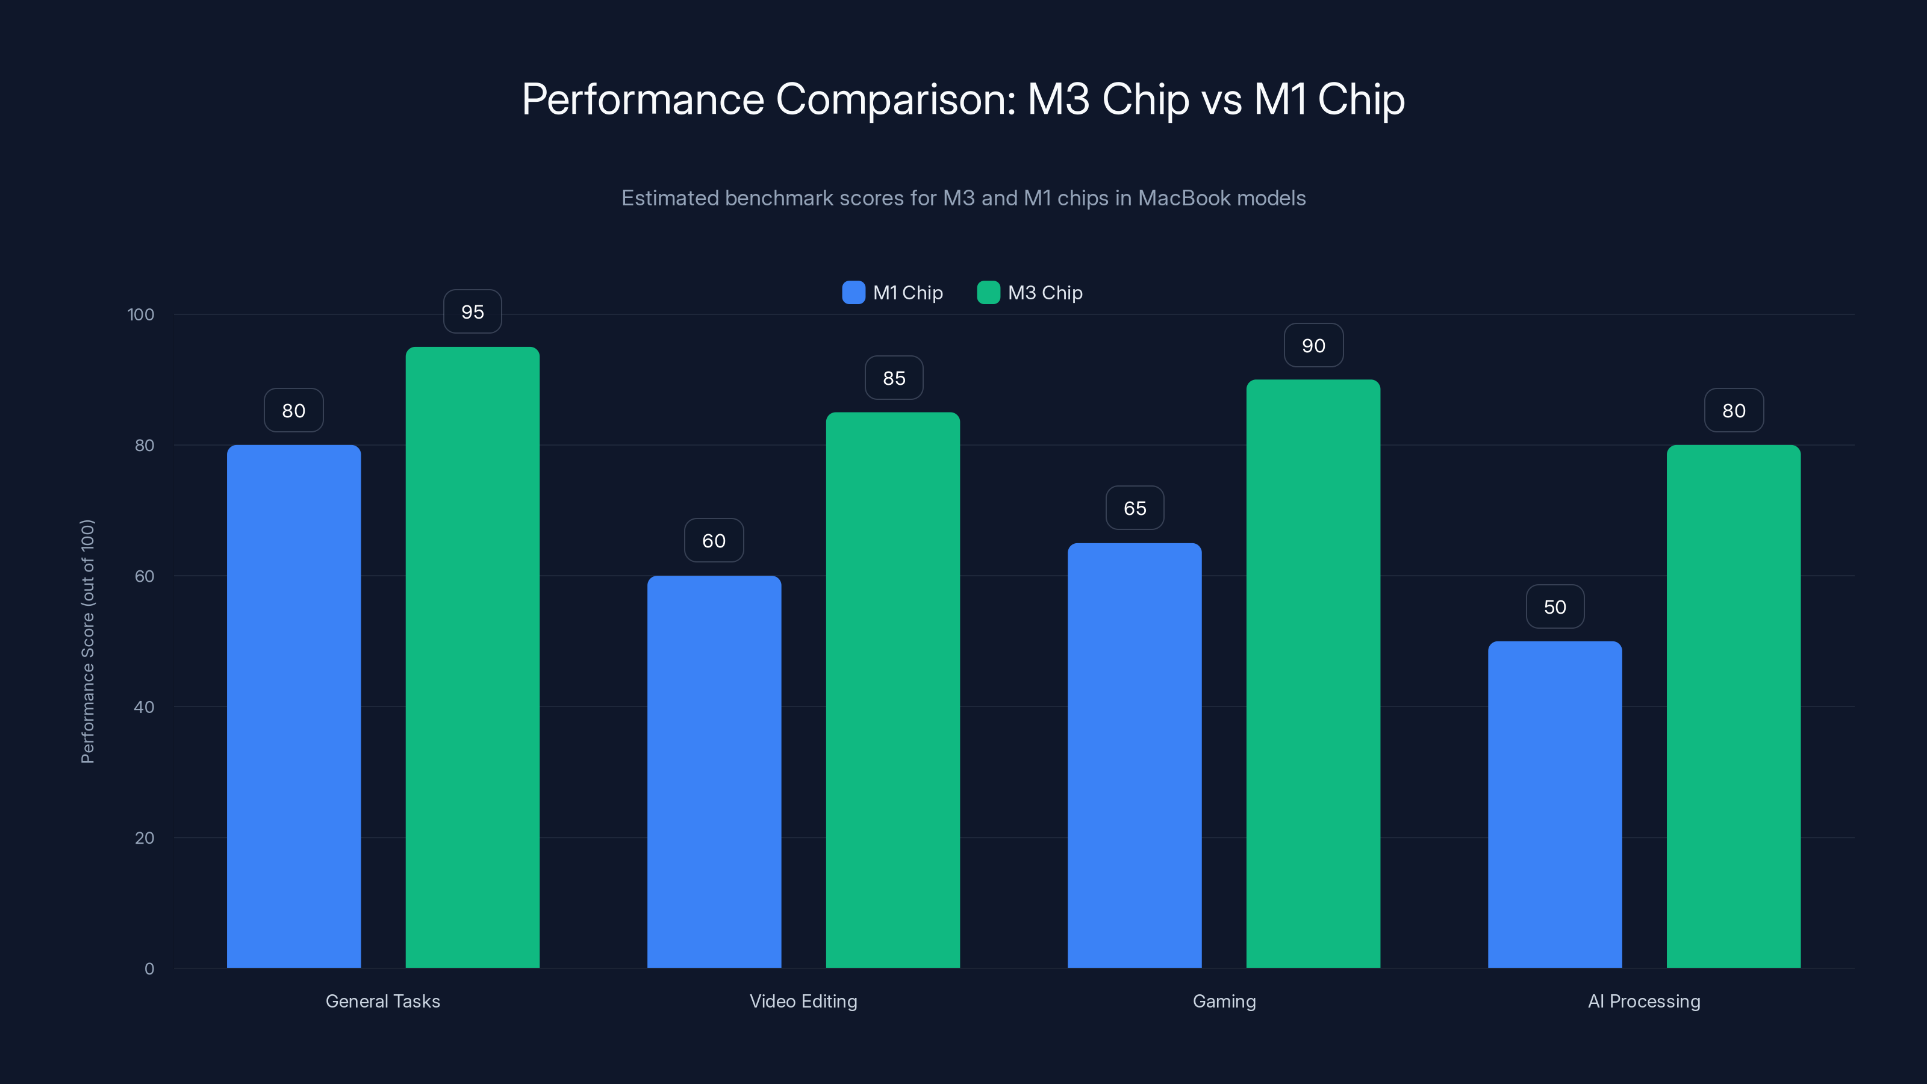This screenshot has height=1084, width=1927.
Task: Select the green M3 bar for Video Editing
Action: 892,689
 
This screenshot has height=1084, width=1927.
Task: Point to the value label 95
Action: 472,311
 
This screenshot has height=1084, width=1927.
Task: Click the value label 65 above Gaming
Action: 1134,508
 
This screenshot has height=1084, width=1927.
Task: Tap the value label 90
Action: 1313,345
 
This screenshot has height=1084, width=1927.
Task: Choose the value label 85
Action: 893,378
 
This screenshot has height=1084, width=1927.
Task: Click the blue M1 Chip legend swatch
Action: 853,293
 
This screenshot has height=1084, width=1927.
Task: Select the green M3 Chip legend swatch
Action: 988,293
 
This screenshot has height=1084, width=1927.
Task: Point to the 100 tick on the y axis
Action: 141,314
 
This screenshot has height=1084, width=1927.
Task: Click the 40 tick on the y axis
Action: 144,707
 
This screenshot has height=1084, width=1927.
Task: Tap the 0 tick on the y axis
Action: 149,969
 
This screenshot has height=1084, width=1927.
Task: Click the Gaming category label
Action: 1224,1001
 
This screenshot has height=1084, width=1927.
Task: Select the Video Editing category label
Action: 803,1001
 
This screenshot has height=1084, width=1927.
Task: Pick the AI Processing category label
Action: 1643,1001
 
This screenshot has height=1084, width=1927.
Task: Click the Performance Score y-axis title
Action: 87,641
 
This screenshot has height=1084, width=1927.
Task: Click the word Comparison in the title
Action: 895,99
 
